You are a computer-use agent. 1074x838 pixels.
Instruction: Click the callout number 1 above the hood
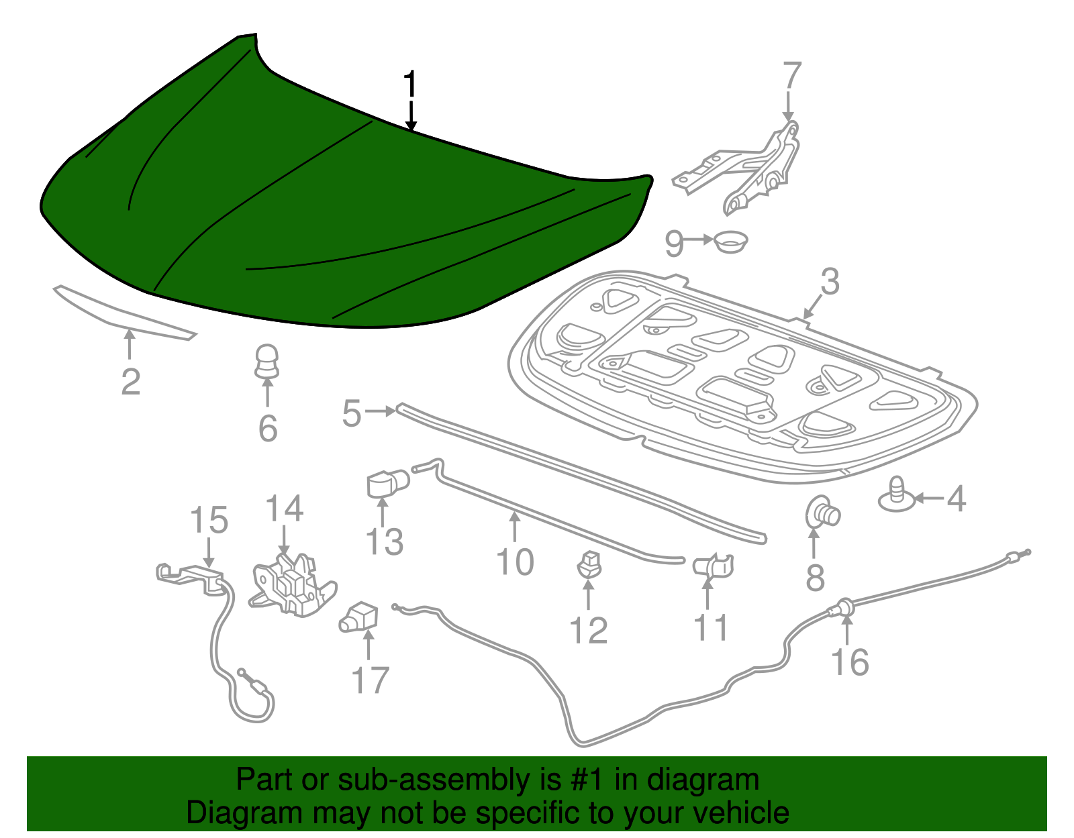tap(410, 85)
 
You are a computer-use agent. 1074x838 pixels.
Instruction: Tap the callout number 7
tap(792, 76)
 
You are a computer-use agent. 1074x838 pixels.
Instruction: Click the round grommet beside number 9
tap(731, 242)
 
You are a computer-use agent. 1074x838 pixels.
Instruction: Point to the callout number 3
tap(830, 282)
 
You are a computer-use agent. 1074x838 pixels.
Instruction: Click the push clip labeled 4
tap(897, 494)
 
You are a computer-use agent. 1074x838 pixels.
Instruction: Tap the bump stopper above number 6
tap(267, 362)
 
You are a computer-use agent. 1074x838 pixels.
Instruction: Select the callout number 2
tap(130, 382)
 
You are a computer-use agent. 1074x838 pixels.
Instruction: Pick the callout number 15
tap(209, 519)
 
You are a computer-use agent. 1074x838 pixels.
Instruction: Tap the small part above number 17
tap(358, 617)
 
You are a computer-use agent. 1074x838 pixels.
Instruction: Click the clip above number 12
tap(589, 564)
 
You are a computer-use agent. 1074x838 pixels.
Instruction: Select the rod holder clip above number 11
tap(713, 566)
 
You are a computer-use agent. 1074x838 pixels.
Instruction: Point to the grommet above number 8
tap(822, 513)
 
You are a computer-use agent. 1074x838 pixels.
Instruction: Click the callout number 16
tap(850, 662)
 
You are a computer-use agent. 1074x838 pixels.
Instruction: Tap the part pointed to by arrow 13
tap(388, 484)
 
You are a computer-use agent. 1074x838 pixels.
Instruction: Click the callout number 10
tap(514, 562)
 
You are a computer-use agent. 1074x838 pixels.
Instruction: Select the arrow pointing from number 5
tap(381, 411)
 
